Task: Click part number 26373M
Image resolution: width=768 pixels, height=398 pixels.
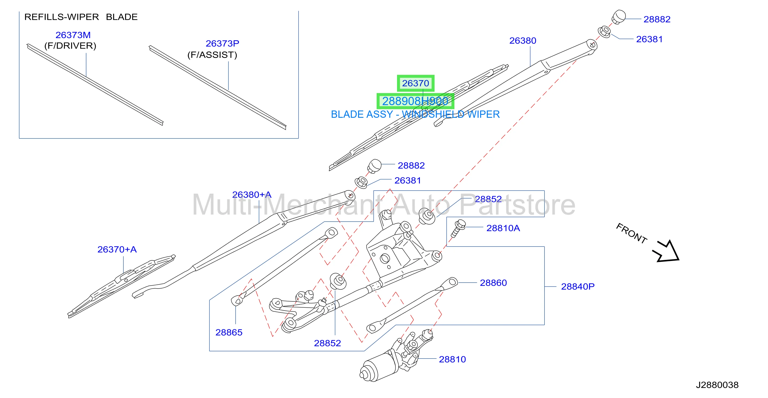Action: [x=73, y=35]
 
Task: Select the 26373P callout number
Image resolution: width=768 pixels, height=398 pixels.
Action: [x=222, y=43]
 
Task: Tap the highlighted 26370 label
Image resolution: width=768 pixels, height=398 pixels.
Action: [x=415, y=83]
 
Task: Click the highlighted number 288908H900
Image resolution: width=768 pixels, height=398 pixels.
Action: [x=415, y=101]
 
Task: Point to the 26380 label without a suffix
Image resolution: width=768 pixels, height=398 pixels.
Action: [x=523, y=40]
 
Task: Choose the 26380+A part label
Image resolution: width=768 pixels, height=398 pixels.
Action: [x=252, y=195]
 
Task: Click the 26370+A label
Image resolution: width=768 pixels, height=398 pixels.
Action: [x=117, y=249]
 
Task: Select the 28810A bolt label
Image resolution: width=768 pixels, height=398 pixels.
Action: [x=503, y=228]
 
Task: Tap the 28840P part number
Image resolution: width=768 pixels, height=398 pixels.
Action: [x=578, y=286]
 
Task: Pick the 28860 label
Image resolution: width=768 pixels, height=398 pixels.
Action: [x=493, y=283]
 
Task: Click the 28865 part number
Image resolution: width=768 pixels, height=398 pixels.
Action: [x=229, y=332]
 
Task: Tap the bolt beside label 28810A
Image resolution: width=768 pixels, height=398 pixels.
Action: [x=458, y=229]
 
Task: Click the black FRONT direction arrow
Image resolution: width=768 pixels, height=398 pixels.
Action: [x=667, y=252]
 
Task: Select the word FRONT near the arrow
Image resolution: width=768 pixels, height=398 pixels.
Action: [x=631, y=233]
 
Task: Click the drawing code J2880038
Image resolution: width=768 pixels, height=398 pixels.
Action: [x=717, y=385]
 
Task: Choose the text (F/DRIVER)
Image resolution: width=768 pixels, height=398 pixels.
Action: [x=70, y=46]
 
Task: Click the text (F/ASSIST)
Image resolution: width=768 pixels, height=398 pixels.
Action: [x=212, y=55]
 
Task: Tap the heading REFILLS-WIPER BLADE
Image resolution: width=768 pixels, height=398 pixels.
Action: [x=81, y=17]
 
